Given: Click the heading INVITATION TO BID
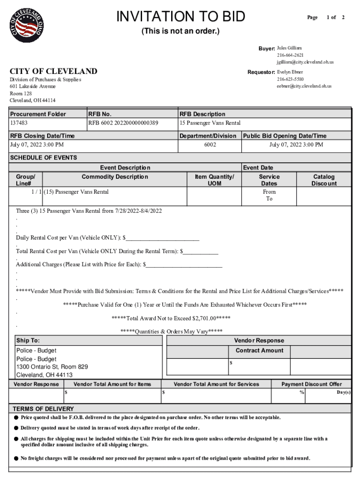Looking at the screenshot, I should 180,17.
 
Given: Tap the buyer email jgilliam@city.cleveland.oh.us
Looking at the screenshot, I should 304,62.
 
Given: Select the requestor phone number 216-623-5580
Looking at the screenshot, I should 290,79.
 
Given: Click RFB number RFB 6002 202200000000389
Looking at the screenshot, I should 123,123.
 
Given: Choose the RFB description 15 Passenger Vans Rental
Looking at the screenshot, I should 210,123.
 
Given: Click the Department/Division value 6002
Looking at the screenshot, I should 210,145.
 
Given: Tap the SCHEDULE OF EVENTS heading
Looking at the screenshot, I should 43,158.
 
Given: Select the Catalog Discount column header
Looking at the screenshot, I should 324,180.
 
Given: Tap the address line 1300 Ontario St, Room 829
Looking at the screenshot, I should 52,367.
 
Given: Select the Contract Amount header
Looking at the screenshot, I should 259,350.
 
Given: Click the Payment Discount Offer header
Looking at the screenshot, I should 311,384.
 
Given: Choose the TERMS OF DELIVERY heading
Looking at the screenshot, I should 43,408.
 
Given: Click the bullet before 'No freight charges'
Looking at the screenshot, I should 16,458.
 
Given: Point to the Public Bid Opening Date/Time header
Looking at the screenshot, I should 284,136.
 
